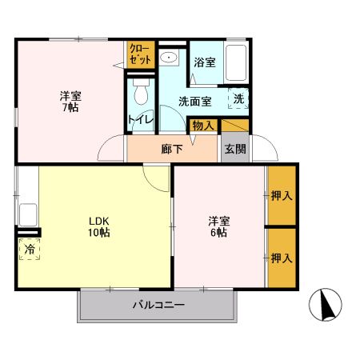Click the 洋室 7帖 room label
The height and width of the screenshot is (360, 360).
click(70, 102)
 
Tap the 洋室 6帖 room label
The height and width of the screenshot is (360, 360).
click(218, 226)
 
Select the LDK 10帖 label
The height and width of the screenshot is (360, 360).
click(98, 226)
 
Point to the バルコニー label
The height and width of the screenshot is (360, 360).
click(158, 305)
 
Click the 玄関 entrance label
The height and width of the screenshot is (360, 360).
click(235, 148)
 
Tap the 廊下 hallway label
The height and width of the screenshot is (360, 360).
click(171, 148)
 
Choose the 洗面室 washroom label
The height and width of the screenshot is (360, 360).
click(194, 102)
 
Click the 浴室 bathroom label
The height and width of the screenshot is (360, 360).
click(204, 62)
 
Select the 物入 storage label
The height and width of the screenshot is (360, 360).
click(202, 125)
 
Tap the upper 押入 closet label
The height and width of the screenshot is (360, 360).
click(281, 195)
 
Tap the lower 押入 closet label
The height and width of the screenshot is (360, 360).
click(281, 258)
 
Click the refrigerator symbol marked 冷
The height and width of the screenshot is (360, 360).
click(29, 250)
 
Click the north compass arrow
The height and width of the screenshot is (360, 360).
click(326, 304)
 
